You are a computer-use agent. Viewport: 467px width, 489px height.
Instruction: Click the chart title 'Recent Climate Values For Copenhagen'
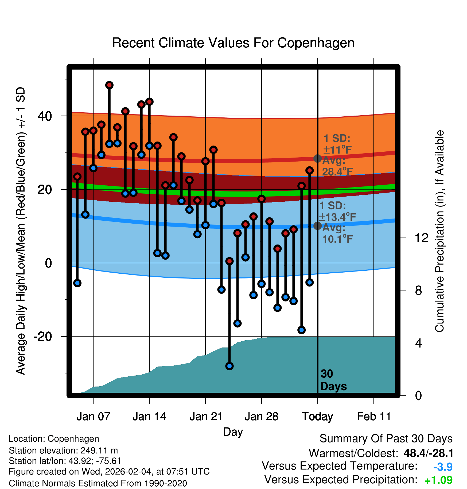[x=233, y=43]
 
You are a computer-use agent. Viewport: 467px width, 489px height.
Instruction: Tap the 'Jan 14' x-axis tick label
[x=149, y=417]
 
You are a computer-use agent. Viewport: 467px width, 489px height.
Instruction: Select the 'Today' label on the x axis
[x=317, y=417]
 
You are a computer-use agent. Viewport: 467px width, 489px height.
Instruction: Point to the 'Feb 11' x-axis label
[x=374, y=417]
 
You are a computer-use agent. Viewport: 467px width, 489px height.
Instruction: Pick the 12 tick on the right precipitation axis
[x=421, y=238]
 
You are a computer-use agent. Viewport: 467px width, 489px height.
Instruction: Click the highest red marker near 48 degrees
[x=109, y=85]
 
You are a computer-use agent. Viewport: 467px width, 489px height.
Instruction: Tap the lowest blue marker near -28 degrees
[x=229, y=366]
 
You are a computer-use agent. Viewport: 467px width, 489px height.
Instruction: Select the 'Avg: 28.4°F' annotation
[x=337, y=166]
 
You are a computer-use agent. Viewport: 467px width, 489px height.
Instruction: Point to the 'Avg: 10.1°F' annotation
[x=337, y=234]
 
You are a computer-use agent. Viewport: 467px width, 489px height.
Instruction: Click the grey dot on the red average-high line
[x=317, y=158]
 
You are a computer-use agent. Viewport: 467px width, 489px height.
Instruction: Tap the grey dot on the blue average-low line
[x=317, y=226]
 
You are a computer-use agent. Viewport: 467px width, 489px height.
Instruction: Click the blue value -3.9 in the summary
[x=443, y=467]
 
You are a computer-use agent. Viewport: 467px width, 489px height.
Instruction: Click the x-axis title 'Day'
[x=233, y=432]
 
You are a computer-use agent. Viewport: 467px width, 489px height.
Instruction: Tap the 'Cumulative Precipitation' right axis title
[x=439, y=231]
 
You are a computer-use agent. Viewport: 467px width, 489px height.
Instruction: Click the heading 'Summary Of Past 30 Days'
[x=386, y=439]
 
